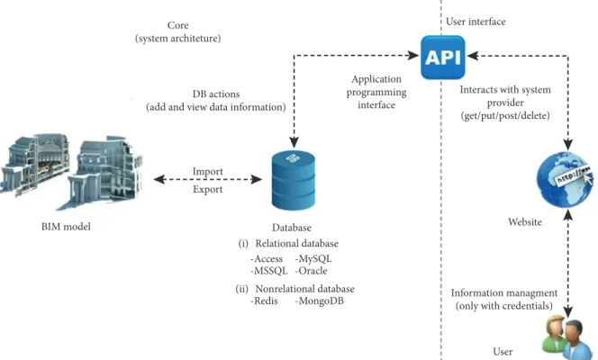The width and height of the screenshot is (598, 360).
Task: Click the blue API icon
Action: pos(443,57)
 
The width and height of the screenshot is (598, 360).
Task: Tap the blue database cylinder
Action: pos(294,180)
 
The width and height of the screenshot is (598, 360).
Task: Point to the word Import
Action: pos(207,172)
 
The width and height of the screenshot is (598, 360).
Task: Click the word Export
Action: pos(207,189)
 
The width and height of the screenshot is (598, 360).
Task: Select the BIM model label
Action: pos(66,227)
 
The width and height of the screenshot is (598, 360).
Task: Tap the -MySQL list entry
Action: pos(313,258)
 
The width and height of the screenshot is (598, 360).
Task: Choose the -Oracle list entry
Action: pos(311,271)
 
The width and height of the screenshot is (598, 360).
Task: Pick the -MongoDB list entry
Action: pos(319,301)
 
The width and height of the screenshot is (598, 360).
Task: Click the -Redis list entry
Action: pos(264,301)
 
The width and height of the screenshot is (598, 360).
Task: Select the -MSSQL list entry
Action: pos(268,271)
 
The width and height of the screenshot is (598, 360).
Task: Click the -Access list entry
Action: pos(267,258)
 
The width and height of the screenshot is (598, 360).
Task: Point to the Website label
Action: pos(525,222)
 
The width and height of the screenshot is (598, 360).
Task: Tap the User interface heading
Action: pos(476,22)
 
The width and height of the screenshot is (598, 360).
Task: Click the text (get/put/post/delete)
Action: pos(505,116)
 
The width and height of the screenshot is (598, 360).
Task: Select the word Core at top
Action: pos(177,25)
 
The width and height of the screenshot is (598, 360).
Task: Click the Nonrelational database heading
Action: pos(304,289)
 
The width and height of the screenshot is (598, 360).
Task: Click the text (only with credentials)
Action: pos(503,306)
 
